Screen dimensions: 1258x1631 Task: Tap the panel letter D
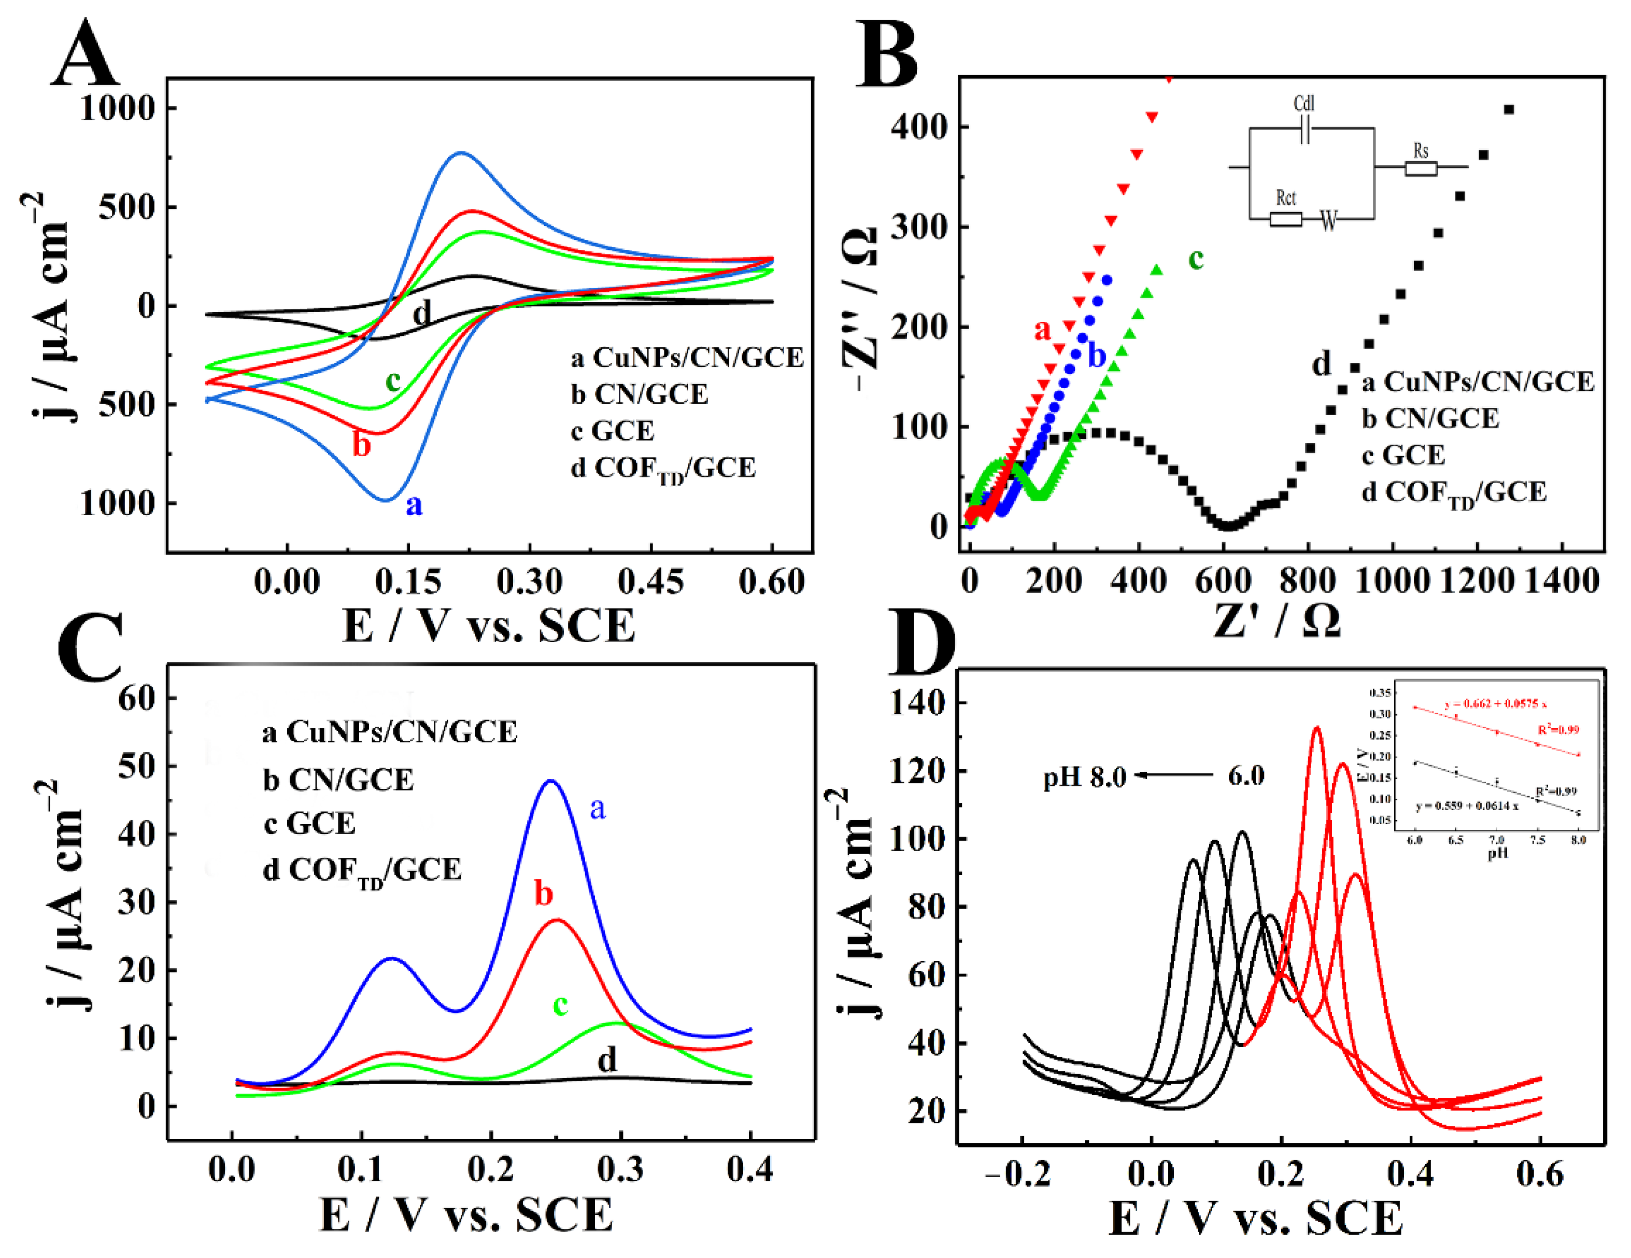pos(923,644)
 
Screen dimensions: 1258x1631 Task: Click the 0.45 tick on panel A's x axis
pos(650,582)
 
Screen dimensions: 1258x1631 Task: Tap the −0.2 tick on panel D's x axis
pos(1018,1175)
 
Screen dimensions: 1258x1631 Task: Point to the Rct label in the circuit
pos(1285,198)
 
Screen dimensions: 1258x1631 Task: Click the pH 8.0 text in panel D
pos(1084,778)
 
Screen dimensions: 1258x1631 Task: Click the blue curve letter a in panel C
pos(598,808)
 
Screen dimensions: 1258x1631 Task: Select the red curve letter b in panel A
pos(361,445)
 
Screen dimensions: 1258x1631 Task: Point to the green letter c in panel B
pos(1196,259)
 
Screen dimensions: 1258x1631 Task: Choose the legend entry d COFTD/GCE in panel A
pos(663,469)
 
